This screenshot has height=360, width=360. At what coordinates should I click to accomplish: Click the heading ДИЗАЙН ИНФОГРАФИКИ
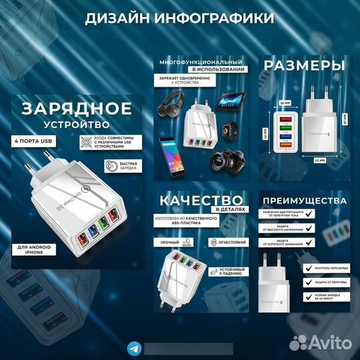click(179, 18)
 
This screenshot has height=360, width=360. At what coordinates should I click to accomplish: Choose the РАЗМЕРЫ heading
click(303, 65)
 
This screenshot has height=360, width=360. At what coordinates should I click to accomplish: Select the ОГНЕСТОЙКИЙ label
click(232, 241)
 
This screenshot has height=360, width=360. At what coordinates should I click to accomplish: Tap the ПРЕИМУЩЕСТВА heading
click(304, 200)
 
